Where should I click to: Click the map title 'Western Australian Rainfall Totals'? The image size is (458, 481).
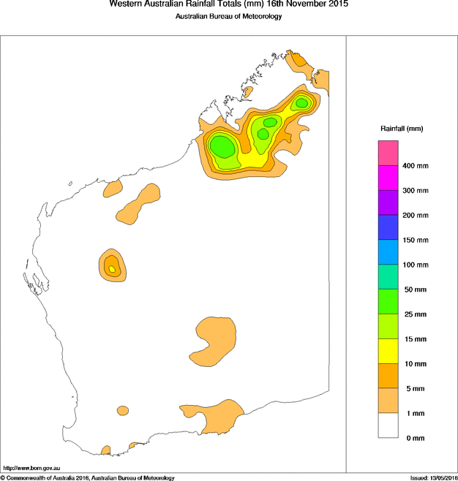[228, 4]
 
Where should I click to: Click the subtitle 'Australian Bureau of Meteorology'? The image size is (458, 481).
[228, 17]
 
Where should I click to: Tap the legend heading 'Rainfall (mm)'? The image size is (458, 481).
[401, 129]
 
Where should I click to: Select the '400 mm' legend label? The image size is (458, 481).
[416, 166]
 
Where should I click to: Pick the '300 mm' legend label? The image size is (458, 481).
[416, 191]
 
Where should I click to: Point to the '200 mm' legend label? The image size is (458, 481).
[416, 216]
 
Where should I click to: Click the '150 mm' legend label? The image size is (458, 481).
[416, 240]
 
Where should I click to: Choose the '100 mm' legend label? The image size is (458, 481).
[416, 265]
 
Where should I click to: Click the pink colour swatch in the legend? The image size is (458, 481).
[388, 154]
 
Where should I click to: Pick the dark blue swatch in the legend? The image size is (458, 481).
[388, 227]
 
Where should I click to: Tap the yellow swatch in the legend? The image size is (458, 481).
[388, 351]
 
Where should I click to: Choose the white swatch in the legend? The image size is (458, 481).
[388, 425]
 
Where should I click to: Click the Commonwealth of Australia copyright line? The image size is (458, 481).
[88, 477]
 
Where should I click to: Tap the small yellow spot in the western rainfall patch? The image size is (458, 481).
[112, 269]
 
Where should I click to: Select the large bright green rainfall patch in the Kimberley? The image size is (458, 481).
[222, 146]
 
